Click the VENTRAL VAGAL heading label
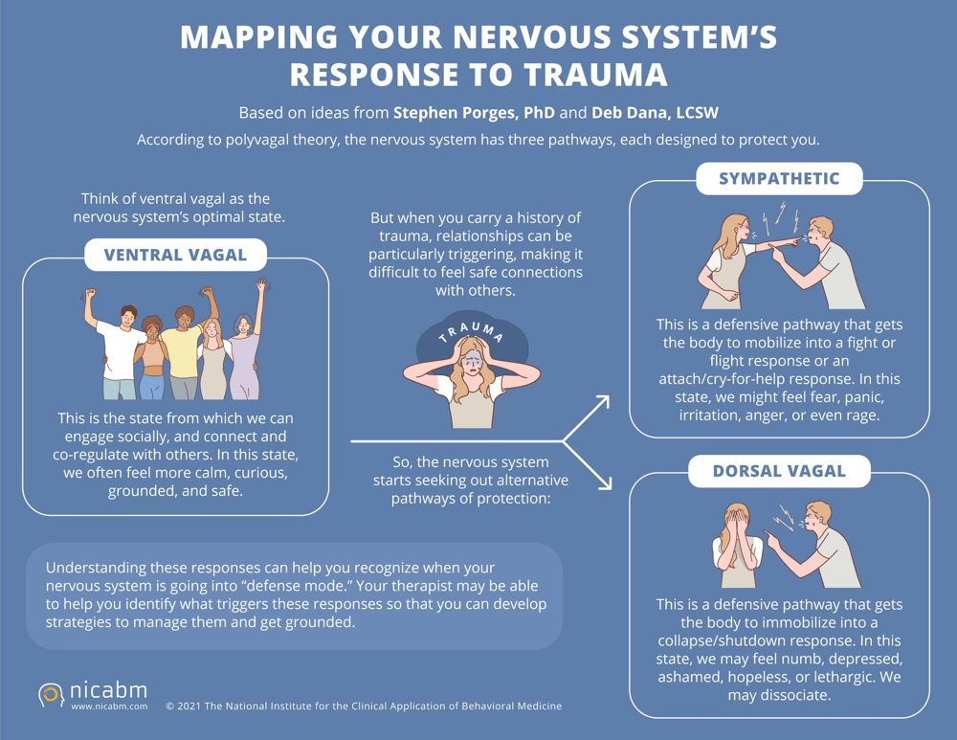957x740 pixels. (x=175, y=255)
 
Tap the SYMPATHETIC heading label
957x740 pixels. (x=779, y=178)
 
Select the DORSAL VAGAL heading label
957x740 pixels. (x=779, y=470)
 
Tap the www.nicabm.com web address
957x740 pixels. (x=109, y=706)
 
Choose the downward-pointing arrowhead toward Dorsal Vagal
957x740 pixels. (x=602, y=482)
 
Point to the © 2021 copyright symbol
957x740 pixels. (x=169, y=706)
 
